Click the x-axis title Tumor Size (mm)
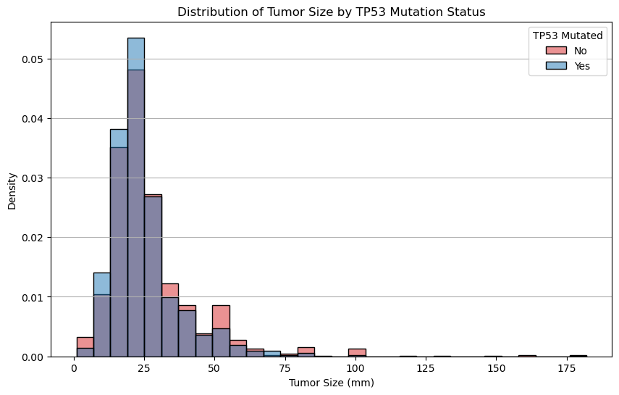(331, 383)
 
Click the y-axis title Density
(12, 189)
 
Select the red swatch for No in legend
(557, 51)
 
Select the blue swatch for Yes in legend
(557, 66)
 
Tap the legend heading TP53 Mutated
(568, 36)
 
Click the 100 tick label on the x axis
(355, 369)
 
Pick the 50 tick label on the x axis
(214, 369)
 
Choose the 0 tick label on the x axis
(74, 369)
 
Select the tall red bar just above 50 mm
(221, 317)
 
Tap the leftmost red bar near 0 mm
(85, 342)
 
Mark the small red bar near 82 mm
(306, 350)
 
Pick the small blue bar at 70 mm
(272, 354)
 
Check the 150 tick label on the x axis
(495, 369)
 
